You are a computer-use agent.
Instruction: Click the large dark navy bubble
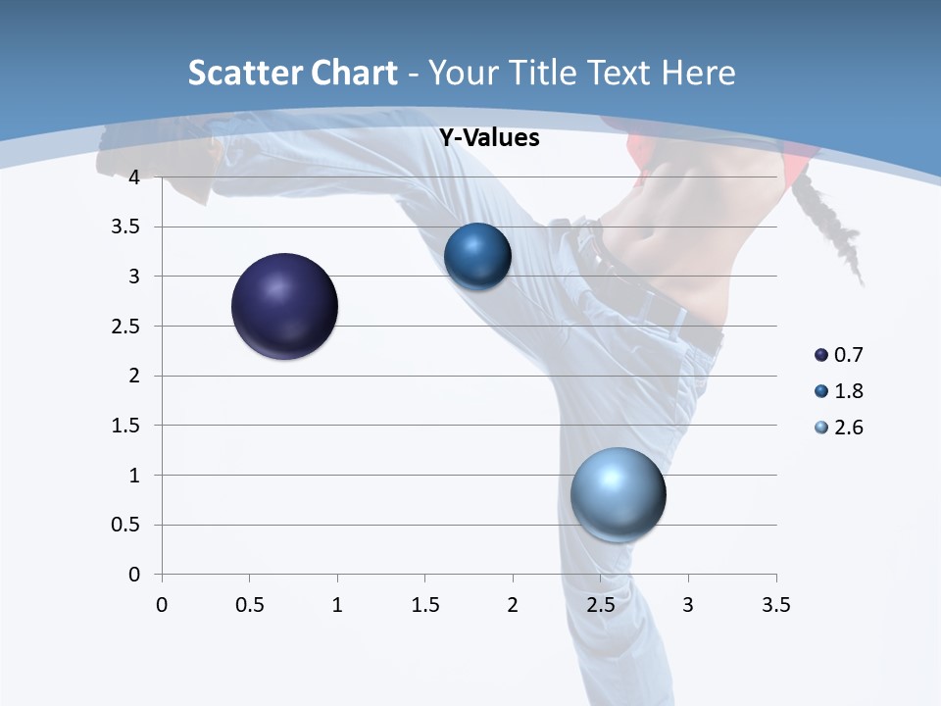285,306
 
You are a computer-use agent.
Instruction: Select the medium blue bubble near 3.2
477,257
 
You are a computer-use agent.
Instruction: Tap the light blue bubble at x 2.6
618,494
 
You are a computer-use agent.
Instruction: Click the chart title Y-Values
489,138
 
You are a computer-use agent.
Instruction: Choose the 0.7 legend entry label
848,355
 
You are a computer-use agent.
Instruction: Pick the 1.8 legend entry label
848,391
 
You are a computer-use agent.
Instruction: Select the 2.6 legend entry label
848,428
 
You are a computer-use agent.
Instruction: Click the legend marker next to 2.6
821,428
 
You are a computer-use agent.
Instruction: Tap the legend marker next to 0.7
821,355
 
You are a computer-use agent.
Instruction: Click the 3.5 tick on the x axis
776,605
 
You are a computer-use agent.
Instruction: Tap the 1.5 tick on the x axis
424,605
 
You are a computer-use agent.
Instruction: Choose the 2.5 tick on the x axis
600,605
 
